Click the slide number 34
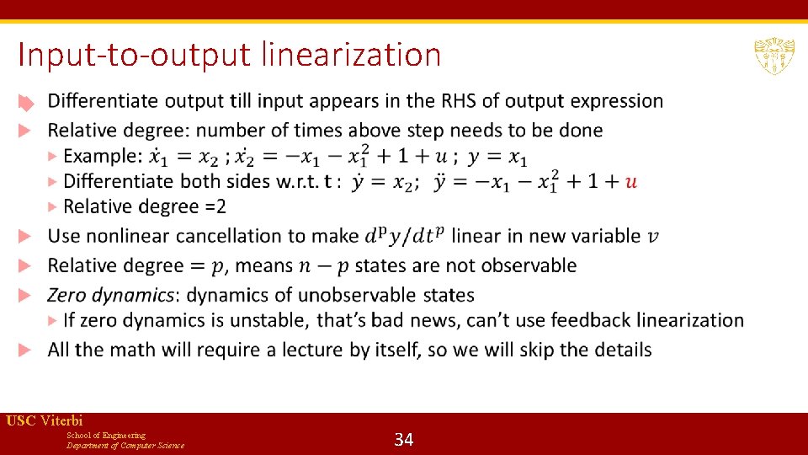[404, 439]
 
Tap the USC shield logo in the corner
[773, 56]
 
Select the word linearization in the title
[351, 56]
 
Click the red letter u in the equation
[631, 181]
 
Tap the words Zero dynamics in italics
[113, 295]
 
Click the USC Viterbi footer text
[44, 420]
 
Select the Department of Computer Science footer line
[125, 445]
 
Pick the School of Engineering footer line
[105, 435]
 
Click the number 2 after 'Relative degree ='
[221, 206]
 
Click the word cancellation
[227, 236]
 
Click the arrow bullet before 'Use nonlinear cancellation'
[26, 236]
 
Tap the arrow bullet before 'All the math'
[26, 350]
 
